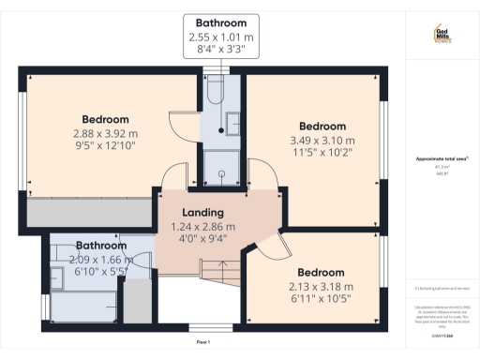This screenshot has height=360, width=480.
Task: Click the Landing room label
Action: [202, 213]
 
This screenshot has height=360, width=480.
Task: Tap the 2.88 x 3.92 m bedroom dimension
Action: [105, 133]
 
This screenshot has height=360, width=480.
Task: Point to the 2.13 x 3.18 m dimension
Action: [322, 287]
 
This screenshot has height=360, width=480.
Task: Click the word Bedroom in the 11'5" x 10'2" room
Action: [322, 127]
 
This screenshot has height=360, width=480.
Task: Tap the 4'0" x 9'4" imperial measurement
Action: [202, 239]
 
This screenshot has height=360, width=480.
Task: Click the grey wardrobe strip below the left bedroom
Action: [90, 213]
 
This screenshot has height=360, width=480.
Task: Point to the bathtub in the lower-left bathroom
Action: [82, 302]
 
